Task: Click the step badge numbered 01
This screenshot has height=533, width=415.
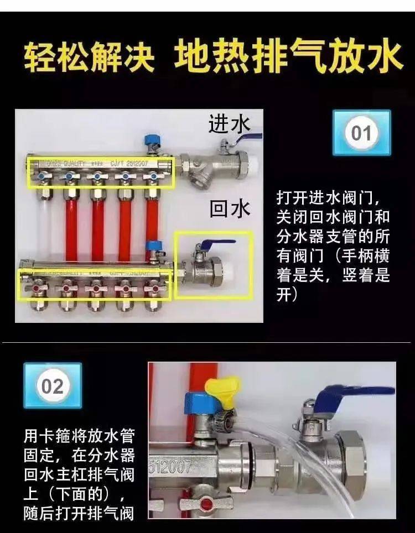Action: click(361, 133)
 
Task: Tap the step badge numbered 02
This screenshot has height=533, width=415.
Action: click(53, 385)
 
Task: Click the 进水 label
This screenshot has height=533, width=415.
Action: click(229, 124)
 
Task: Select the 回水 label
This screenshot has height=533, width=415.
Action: click(229, 208)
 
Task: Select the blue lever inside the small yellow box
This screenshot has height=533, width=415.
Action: click(221, 244)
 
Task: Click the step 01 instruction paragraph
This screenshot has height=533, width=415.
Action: click(333, 246)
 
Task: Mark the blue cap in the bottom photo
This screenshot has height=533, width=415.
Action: click(195, 403)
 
